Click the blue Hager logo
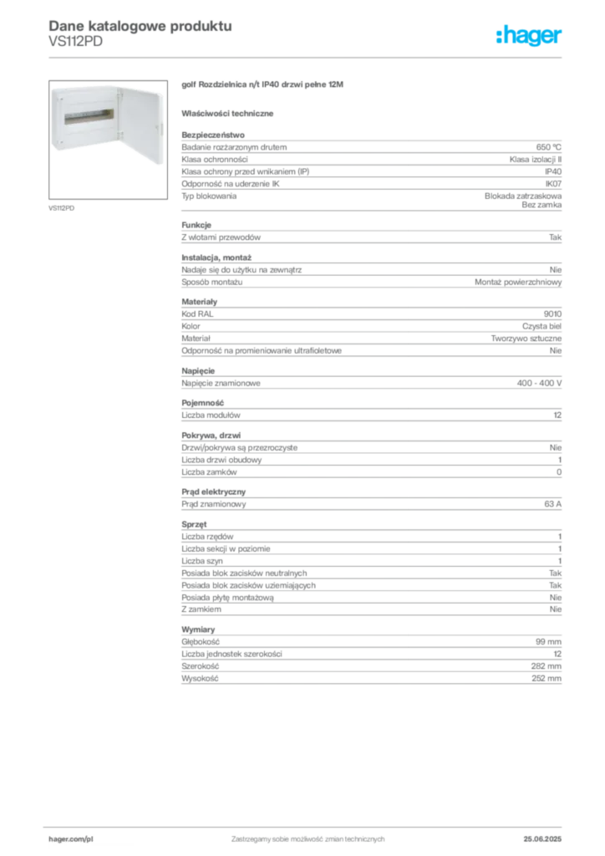(531, 36)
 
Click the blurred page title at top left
(139, 25)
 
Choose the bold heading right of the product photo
(262, 86)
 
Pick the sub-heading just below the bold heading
(230, 111)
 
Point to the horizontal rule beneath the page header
(308, 57)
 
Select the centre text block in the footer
(309, 836)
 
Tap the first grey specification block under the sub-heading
(370, 171)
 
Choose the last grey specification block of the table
(370, 656)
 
